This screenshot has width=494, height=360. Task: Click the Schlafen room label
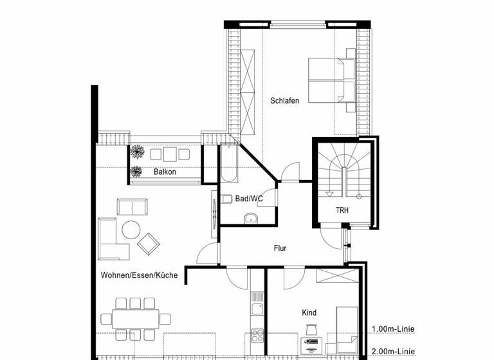tap(284, 101)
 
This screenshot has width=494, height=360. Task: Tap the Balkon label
tap(165, 172)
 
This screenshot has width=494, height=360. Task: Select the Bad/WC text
tap(249, 199)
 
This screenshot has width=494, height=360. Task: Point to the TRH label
tap(342, 210)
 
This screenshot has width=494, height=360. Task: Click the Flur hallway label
tap(280, 248)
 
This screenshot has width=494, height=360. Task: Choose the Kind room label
tap(309, 313)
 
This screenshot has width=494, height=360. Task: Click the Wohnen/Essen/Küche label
tap(139, 275)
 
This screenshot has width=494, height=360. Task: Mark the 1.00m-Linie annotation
tap(392, 330)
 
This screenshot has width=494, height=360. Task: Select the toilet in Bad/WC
tap(227, 199)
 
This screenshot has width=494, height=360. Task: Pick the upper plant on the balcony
tap(137, 152)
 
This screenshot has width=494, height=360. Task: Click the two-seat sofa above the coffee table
tap(133, 207)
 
